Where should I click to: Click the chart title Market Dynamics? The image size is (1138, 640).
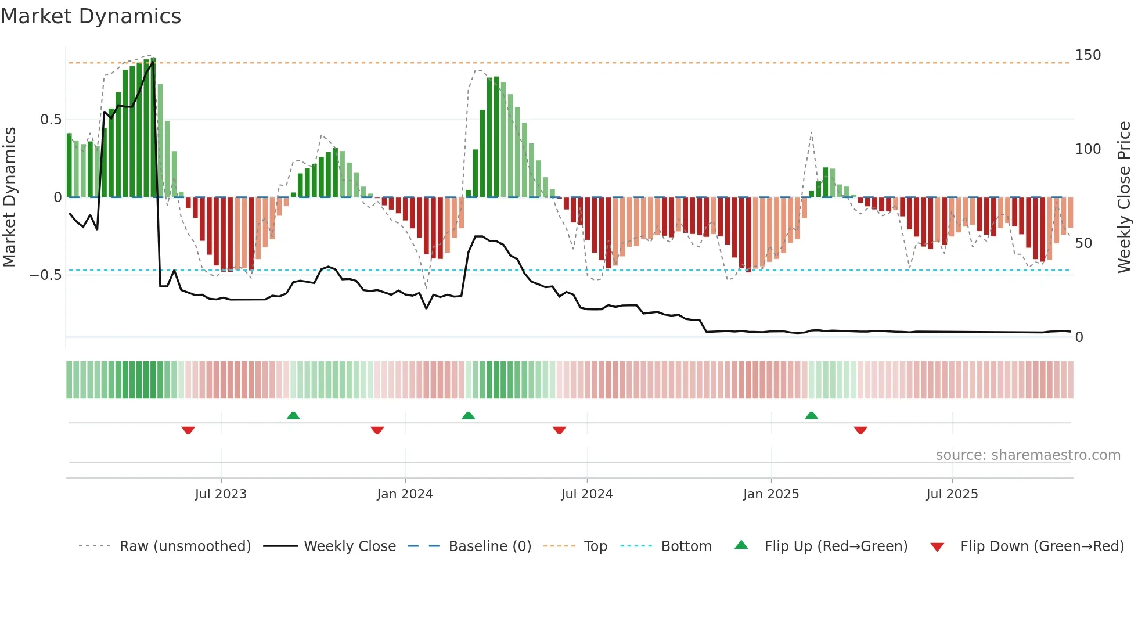tap(91, 16)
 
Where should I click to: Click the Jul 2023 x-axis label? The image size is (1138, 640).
tap(221, 494)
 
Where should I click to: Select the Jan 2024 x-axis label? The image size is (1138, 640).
tap(405, 494)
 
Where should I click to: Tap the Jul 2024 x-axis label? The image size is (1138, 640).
tap(586, 494)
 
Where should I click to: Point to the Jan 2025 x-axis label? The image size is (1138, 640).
tap(771, 494)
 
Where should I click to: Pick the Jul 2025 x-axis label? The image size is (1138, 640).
tap(952, 494)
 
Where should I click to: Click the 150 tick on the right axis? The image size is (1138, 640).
tap(1087, 55)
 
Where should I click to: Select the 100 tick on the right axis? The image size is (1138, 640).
tap(1087, 149)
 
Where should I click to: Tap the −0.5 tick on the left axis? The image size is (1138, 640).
tap(45, 275)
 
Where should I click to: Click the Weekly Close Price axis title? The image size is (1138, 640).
tap(1124, 197)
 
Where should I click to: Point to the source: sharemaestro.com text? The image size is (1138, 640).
tap(1028, 455)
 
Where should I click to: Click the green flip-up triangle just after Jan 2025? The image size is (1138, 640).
tap(811, 415)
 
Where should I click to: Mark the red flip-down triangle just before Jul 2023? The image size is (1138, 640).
tap(188, 430)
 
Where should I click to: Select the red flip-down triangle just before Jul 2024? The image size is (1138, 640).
tap(559, 430)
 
